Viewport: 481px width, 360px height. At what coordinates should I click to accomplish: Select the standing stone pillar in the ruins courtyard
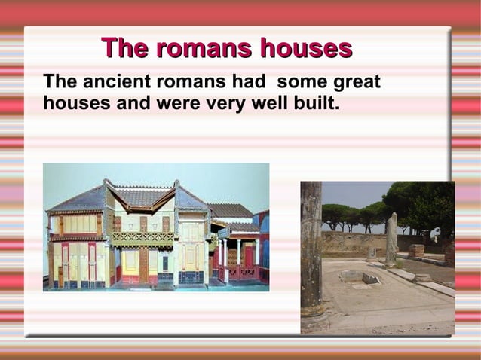[391, 239]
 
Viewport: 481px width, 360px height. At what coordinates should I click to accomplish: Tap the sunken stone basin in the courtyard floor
[360, 277]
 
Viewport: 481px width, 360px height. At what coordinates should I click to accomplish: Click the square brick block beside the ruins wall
[416, 251]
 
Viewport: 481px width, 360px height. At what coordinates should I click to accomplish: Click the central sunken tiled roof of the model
[142, 197]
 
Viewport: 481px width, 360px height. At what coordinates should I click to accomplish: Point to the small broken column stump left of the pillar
[371, 254]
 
